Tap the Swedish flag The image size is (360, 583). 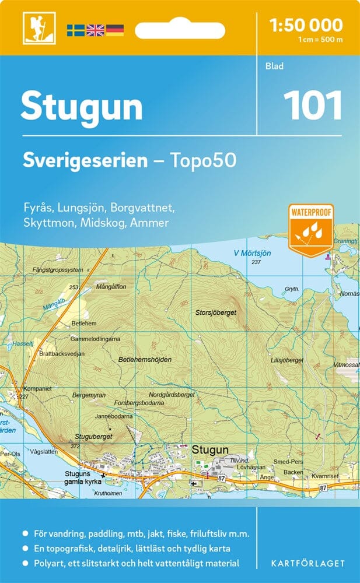point(75,30)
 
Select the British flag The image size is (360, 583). point(95,30)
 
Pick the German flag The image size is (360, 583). point(114,30)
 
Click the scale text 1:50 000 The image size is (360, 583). point(306,25)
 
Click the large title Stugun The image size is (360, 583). point(82,107)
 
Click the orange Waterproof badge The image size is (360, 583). point(310,230)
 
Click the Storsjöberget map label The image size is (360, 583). point(216,312)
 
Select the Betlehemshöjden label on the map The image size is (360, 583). point(145,360)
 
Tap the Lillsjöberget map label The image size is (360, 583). point(287,360)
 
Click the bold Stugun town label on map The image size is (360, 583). point(209,449)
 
